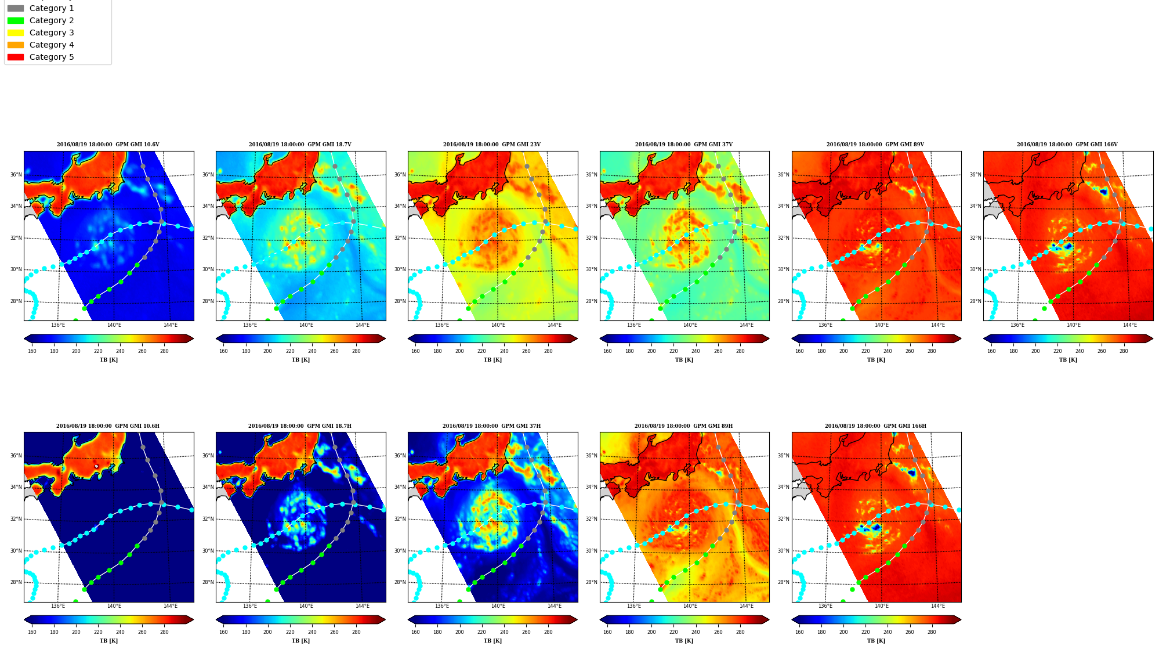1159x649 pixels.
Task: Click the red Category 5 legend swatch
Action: tap(16, 57)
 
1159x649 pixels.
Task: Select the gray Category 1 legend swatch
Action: tap(16, 8)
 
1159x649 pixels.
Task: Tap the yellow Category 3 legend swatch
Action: tap(16, 33)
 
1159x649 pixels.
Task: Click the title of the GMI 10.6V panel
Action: tap(108, 145)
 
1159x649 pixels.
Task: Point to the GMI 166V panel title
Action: tap(1067, 145)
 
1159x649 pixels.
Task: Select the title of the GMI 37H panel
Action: tap(491, 426)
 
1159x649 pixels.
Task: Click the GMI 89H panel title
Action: tap(683, 426)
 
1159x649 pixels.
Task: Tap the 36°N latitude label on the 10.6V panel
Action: tap(16, 175)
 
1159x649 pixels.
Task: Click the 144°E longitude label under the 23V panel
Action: tap(554, 325)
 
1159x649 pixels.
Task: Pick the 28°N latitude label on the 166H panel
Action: tap(783, 582)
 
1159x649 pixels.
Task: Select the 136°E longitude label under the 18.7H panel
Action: tap(250, 606)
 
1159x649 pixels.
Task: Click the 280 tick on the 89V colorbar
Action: tap(932, 351)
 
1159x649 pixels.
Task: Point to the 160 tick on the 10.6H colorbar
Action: tap(32, 632)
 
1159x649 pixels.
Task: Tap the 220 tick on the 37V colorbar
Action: tap(673, 351)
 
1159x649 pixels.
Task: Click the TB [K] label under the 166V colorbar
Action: tap(1068, 360)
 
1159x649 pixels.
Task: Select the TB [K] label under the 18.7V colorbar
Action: tap(300, 360)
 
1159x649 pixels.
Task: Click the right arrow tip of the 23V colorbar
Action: tap(577, 338)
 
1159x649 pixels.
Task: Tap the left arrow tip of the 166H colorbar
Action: tap(792, 619)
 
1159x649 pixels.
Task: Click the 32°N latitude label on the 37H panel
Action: tap(400, 519)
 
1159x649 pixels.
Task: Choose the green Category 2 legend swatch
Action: tap(16, 20)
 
